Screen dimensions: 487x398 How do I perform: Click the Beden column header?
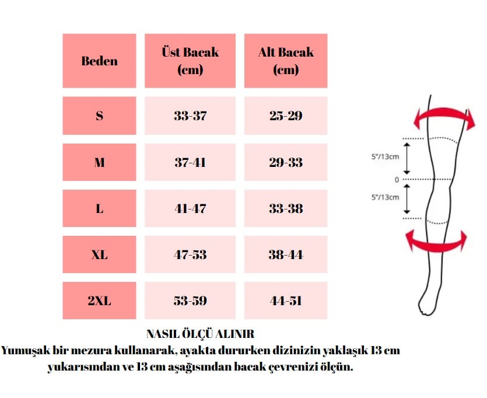99,61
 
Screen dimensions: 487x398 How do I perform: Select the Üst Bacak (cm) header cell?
190,61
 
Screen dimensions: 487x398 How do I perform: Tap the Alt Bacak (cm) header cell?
286,61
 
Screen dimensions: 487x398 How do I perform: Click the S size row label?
99,116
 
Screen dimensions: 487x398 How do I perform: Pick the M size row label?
99,162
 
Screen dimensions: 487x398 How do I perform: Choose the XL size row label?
99,254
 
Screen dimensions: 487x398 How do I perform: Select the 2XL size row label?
99,301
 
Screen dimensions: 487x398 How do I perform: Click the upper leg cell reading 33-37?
190,116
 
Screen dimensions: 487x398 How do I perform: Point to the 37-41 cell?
190,162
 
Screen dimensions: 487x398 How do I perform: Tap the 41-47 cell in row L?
190,208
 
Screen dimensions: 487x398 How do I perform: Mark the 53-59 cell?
190,301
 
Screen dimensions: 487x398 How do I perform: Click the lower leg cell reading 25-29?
286,116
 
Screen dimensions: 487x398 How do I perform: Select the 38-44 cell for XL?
286,254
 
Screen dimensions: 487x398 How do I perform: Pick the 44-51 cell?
286,301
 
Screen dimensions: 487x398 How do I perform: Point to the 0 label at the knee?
397,180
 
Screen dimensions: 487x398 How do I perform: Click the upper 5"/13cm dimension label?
385,156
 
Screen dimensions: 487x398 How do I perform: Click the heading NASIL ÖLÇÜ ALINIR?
200,334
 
